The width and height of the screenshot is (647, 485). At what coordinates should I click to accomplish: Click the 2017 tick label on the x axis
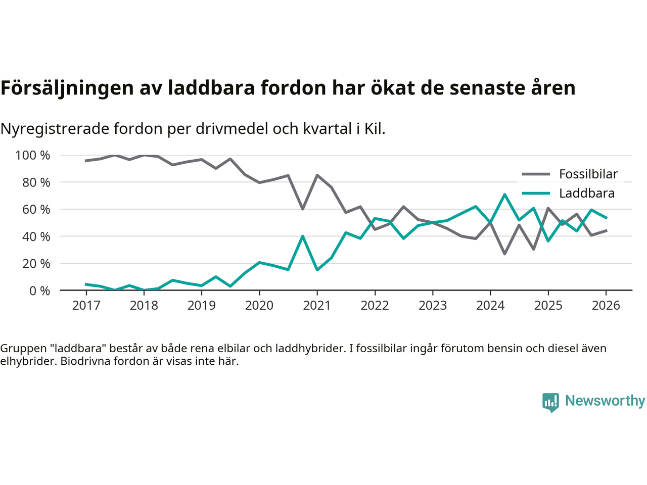[x=86, y=306]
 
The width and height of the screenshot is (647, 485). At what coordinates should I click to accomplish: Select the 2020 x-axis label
[x=259, y=306]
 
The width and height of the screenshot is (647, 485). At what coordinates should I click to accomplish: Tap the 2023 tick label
[x=433, y=306]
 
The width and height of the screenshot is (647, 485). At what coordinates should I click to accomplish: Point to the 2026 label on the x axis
[x=606, y=306]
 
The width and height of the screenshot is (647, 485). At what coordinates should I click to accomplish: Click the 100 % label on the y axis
[x=33, y=155]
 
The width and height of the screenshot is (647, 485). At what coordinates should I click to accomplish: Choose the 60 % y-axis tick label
[x=36, y=209]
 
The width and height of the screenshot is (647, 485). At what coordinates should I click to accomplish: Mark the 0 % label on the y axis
[x=39, y=290]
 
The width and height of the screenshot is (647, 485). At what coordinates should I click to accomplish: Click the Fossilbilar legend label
[x=588, y=174]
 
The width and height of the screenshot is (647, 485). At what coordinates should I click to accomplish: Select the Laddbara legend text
[x=587, y=193]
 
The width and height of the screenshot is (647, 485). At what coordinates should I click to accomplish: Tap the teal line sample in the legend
[x=536, y=193]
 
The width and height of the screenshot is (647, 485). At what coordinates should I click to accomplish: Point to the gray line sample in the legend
[x=536, y=174]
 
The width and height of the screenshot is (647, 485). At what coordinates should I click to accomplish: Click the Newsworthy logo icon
[x=550, y=402]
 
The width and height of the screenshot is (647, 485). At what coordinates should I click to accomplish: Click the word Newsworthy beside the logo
[x=605, y=401]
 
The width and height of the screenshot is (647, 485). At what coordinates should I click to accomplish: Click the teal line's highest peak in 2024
[x=504, y=195]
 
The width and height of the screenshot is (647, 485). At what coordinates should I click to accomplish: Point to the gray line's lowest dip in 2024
[x=504, y=254]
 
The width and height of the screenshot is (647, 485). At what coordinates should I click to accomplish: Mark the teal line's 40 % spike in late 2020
[x=302, y=236]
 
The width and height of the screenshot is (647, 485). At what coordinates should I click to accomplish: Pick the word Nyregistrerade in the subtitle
[x=55, y=129]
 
